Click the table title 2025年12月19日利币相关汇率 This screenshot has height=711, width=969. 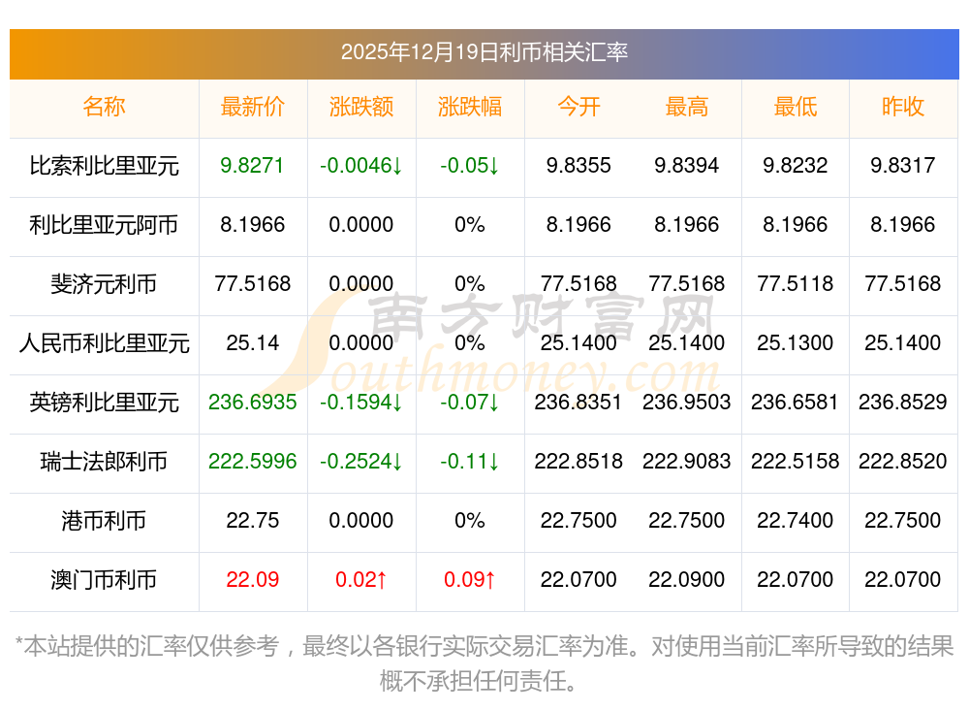click(x=484, y=51)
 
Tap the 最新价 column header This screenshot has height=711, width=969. click(x=253, y=107)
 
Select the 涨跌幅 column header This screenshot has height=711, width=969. click(x=470, y=107)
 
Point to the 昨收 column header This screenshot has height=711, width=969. click(x=903, y=107)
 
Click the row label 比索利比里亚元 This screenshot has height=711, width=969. click(x=105, y=166)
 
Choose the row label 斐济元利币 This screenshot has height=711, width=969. click(x=105, y=284)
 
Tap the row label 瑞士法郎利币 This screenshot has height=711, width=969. click(x=105, y=462)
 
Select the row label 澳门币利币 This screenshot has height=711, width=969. click(x=105, y=580)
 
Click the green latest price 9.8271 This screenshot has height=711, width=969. click(x=253, y=166)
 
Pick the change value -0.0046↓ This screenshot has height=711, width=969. click(x=361, y=166)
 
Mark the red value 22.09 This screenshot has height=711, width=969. click(x=253, y=580)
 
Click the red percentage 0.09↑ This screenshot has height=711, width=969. click(x=470, y=580)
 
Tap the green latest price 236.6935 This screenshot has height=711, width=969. click(x=253, y=403)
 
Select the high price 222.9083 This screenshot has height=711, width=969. click(x=687, y=462)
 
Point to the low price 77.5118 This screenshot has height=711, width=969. click(x=796, y=284)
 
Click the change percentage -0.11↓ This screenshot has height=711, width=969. click(x=470, y=462)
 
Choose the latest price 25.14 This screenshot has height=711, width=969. click(x=253, y=343)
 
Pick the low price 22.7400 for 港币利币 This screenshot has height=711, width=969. click(x=796, y=521)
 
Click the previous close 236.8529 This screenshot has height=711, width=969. click(x=903, y=403)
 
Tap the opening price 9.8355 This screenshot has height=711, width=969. click(x=578, y=166)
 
